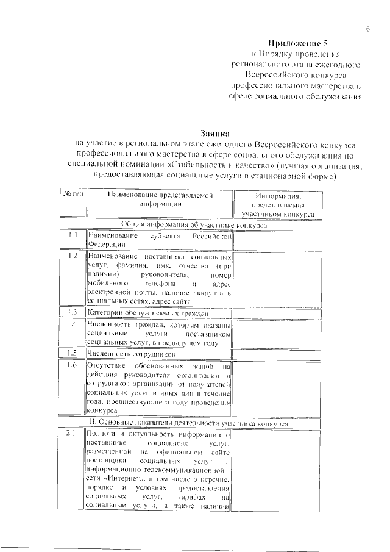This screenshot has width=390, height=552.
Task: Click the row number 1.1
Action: (x=72, y=235)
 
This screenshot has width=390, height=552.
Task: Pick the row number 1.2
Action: (x=72, y=256)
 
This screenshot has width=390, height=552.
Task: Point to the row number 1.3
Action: (x=72, y=312)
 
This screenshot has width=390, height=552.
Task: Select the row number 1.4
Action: (x=72, y=324)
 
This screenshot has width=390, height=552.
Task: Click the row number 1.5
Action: (x=72, y=353)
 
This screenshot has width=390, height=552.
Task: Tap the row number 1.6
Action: (x=72, y=365)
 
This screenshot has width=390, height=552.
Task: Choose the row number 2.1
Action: (x=72, y=434)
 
